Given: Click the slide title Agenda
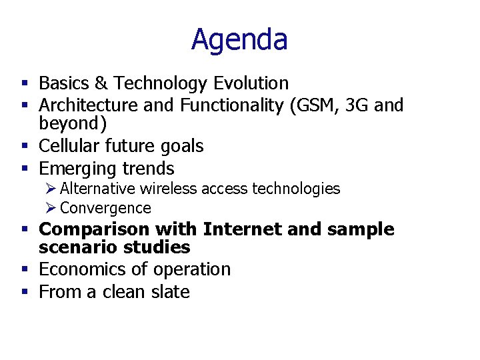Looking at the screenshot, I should (239, 39).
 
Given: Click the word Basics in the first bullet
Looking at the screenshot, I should (64, 83).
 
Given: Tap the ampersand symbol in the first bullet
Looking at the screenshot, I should (101, 83).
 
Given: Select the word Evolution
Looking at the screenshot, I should (251, 83).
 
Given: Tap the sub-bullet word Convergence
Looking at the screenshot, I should (105, 208).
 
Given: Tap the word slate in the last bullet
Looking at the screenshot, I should (169, 292).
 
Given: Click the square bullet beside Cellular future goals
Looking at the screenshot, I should (25, 146).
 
